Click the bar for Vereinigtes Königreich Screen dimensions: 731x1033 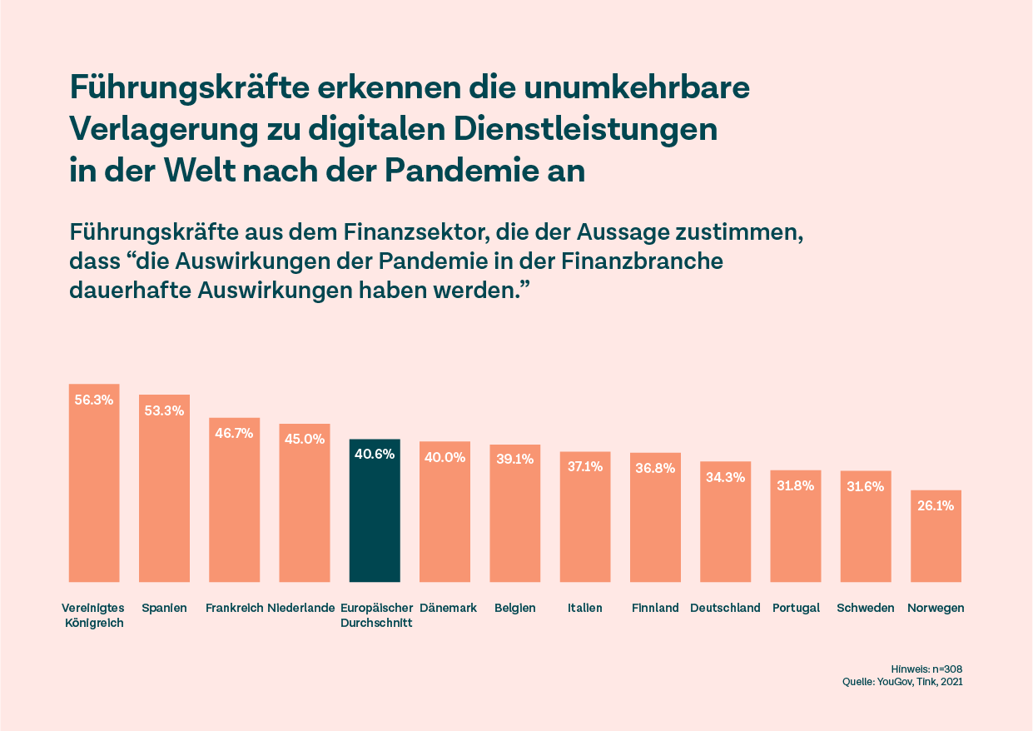94,491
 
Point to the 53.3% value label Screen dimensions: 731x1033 164,410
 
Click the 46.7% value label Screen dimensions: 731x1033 234,433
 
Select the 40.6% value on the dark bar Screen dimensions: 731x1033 375,455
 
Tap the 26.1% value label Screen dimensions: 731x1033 936,505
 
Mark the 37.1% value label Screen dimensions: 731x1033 585,467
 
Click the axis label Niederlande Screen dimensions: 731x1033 301,608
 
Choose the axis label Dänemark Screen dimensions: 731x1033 448,608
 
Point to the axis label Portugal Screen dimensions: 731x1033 796,608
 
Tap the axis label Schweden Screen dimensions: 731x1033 866,608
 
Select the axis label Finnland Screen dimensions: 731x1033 655,608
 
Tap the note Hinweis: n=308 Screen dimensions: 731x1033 926,669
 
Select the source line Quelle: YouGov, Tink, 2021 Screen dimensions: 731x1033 903,682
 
